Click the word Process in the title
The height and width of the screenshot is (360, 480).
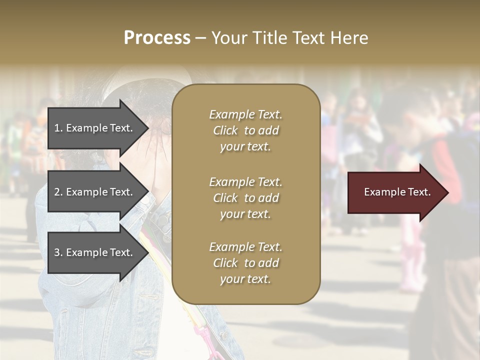(x=157, y=38)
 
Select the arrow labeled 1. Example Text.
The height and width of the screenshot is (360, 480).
(x=95, y=128)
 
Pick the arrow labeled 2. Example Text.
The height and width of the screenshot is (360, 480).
(x=95, y=192)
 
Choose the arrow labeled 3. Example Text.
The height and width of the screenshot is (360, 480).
(x=95, y=252)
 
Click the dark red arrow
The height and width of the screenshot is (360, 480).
(x=395, y=192)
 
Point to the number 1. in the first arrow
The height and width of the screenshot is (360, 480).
(x=58, y=128)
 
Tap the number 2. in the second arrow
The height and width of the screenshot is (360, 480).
(x=58, y=192)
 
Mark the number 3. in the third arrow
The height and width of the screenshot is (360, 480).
(x=58, y=253)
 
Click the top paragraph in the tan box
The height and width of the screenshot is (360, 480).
(x=245, y=130)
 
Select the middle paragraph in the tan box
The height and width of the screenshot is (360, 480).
(x=245, y=198)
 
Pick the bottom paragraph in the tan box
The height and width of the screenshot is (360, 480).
(x=245, y=263)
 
